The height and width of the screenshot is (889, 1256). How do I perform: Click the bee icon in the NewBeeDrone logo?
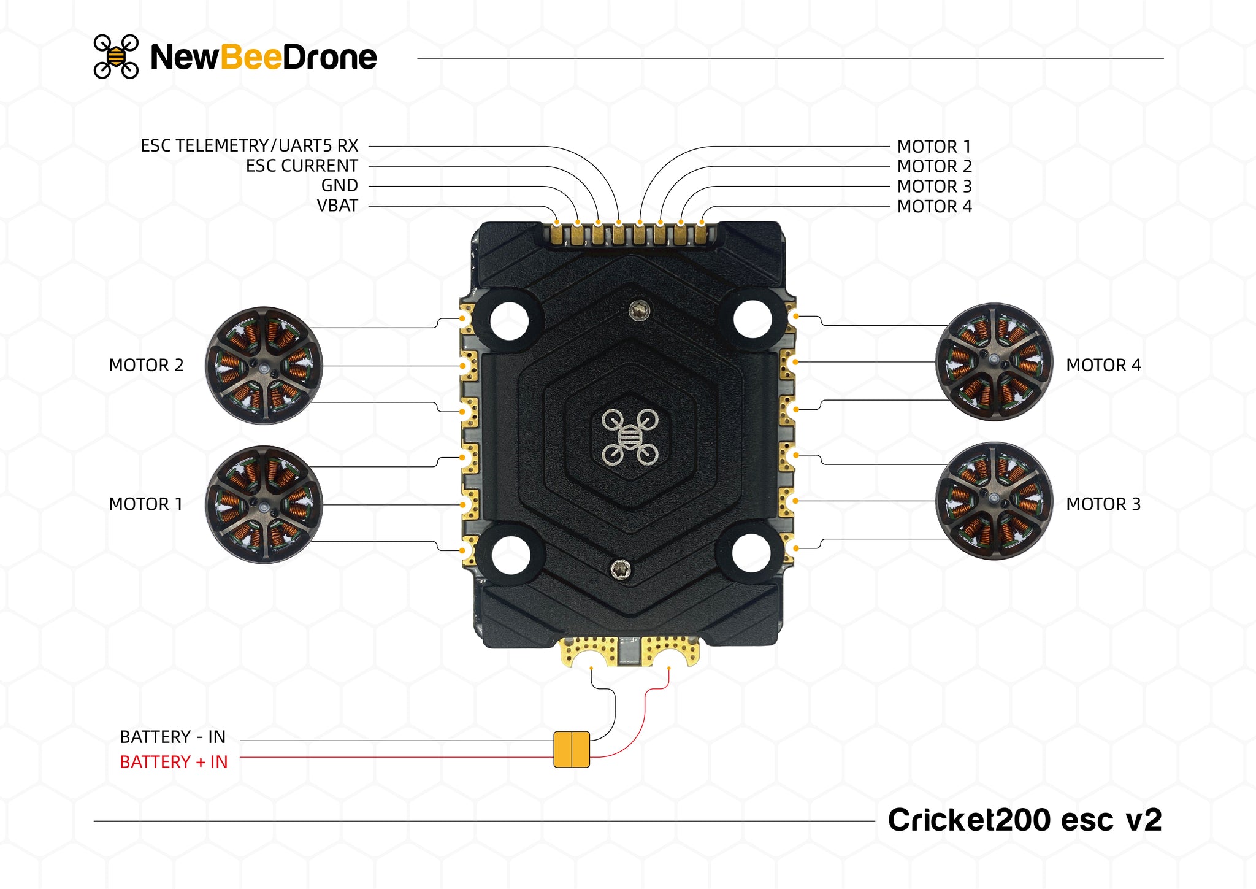(116, 56)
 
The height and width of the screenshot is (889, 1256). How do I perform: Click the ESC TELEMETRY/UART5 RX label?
(249, 146)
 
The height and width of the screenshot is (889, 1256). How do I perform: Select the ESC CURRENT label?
(302, 166)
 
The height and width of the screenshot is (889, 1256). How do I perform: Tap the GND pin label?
(339, 185)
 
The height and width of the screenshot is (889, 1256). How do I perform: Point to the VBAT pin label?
(337, 206)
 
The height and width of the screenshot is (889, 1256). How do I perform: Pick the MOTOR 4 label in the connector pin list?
(934, 207)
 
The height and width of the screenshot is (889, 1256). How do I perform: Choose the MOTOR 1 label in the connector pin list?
(934, 147)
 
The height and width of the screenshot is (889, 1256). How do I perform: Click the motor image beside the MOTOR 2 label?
(264, 366)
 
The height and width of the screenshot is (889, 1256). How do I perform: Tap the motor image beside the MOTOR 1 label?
(264, 504)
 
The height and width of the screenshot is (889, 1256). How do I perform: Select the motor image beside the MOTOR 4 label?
(994, 362)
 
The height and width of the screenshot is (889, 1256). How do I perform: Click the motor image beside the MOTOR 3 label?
(994, 501)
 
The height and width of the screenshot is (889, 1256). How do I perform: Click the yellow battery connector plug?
(572, 749)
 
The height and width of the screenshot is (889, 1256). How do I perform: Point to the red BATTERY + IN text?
(174, 762)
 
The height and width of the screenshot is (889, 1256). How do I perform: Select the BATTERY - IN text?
(173, 737)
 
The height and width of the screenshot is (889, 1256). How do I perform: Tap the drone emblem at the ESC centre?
(630, 437)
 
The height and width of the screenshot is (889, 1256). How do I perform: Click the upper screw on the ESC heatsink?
(640, 310)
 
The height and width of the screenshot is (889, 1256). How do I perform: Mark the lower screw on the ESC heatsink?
(621, 569)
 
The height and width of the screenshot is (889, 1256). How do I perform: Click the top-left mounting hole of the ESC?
(509, 320)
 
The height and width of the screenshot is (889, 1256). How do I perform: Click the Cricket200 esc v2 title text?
(1024, 820)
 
